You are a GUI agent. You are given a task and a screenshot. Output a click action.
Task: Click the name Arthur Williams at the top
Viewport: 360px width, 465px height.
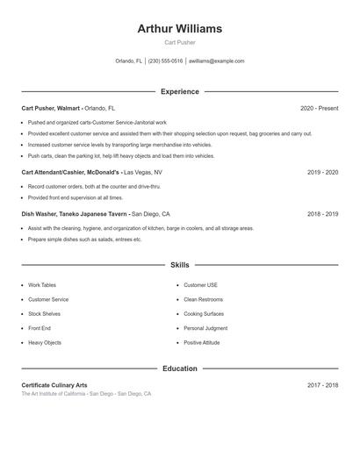pos(179,29)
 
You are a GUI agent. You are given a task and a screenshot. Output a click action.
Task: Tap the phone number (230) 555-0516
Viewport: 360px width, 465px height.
pos(165,61)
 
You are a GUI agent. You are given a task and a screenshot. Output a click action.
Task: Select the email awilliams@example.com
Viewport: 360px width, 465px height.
pos(216,61)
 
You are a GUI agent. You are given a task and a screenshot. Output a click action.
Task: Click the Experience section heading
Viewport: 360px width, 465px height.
pos(179,91)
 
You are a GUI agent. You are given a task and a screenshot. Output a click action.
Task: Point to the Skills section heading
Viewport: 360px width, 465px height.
pos(179,264)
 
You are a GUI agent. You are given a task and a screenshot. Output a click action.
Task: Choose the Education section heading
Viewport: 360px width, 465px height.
pos(179,368)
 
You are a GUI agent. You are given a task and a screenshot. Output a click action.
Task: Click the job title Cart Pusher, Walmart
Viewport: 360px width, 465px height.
pos(51,108)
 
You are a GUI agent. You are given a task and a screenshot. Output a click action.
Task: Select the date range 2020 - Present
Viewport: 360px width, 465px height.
pos(319,108)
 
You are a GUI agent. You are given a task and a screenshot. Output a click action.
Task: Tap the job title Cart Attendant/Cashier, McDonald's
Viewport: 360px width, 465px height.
pos(70,173)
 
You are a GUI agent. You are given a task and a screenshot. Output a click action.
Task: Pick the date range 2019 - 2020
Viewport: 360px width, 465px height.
pos(322,173)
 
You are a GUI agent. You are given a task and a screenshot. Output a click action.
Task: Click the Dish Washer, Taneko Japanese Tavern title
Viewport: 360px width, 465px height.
pos(74,214)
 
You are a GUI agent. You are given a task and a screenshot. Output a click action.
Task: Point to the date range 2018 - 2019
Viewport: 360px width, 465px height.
pos(322,214)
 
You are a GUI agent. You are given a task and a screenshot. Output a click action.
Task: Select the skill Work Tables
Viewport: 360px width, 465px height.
pos(42,285)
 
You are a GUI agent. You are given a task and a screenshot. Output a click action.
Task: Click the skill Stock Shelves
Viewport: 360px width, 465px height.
pos(44,313)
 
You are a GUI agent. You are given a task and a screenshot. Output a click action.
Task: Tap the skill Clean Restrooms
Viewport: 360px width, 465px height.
pos(203,299)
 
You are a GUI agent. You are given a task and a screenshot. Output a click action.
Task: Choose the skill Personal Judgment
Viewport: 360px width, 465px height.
pos(205,328)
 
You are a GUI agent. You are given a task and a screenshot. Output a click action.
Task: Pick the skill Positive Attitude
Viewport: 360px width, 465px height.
pos(202,342)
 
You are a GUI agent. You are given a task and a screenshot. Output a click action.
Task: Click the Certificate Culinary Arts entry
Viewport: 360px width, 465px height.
pos(54,385)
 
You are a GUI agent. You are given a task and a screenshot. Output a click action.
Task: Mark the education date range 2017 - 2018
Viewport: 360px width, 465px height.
pos(322,385)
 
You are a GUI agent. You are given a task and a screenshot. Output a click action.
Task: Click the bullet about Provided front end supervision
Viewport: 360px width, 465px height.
pos(76,198)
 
